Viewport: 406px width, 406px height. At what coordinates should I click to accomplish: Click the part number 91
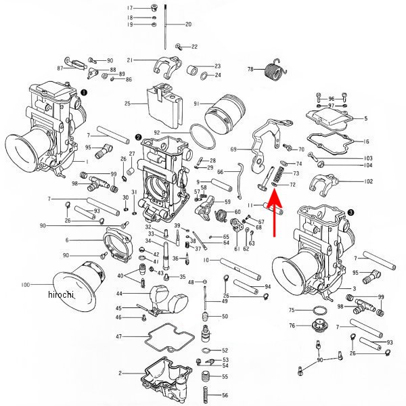coord(196,104)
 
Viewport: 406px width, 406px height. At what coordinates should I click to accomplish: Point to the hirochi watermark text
coord(62,295)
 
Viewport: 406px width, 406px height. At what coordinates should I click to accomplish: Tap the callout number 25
coord(127,104)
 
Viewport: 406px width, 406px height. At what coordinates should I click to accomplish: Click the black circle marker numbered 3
coord(350,212)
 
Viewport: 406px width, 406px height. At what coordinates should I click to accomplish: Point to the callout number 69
coord(233,149)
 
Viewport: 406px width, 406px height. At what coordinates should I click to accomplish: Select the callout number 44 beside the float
coord(118,294)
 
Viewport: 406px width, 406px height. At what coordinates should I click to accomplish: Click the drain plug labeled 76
coord(315,328)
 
